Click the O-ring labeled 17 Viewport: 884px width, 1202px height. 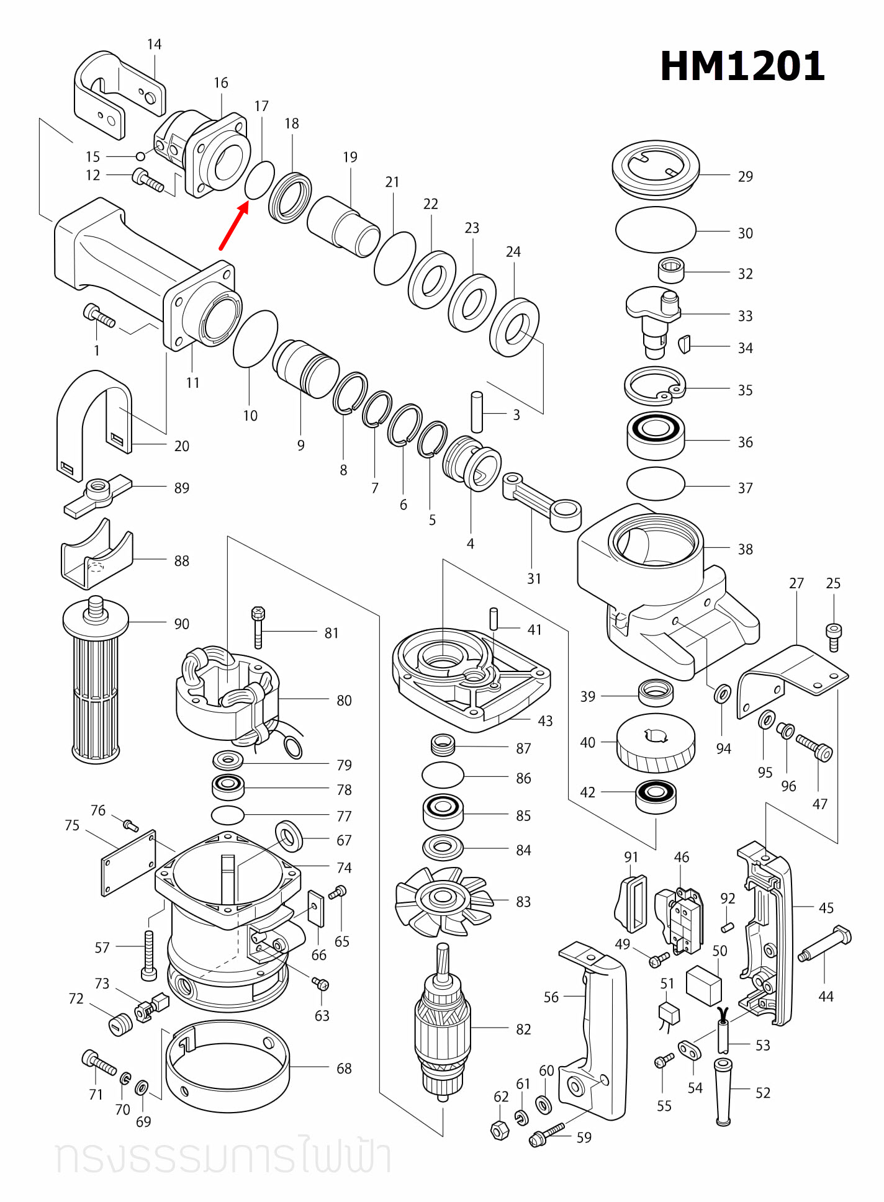pos(259,181)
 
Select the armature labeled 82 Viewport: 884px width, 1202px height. pos(442,1025)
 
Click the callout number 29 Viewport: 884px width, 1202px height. pos(745,177)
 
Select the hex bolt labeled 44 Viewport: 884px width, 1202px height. pos(825,943)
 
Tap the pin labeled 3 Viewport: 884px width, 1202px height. pos(477,412)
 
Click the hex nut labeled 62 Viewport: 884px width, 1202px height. pos(500,1131)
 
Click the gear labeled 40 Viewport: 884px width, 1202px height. pos(656,743)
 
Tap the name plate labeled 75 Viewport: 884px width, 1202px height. pos(129,863)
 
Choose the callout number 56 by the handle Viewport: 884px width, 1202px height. pos(551,997)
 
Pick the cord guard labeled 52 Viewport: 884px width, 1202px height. pos(723,1092)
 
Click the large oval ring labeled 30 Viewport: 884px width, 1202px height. pos(656,230)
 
